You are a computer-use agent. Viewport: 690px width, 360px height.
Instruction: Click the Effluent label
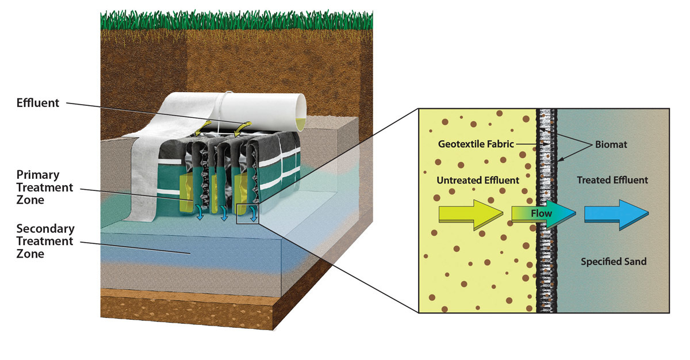click(x=37, y=103)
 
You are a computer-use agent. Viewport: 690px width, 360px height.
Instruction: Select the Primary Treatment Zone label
click(x=45, y=187)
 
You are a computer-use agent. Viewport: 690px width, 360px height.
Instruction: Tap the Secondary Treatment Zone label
click(x=45, y=241)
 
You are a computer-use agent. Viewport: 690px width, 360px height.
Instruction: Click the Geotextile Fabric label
click(x=476, y=144)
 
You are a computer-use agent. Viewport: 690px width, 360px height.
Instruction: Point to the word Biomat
click(x=611, y=144)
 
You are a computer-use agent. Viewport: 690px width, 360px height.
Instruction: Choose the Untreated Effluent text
click(x=478, y=180)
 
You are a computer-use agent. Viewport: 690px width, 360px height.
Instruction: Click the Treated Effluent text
click(x=612, y=180)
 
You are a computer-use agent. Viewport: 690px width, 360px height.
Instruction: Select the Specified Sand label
click(x=614, y=262)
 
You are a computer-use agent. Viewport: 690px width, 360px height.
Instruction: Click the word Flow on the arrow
click(x=541, y=213)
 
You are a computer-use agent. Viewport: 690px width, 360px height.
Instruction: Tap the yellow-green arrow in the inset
click(x=471, y=215)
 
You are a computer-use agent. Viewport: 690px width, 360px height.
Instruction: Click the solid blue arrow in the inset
click(x=616, y=215)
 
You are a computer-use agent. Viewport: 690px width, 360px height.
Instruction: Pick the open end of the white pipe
click(x=301, y=112)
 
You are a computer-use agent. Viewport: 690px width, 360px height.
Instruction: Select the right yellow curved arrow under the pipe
click(x=243, y=128)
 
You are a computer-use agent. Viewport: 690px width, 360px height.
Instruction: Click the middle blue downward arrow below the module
click(x=224, y=213)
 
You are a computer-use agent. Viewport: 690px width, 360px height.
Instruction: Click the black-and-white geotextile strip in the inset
click(x=546, y=210)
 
